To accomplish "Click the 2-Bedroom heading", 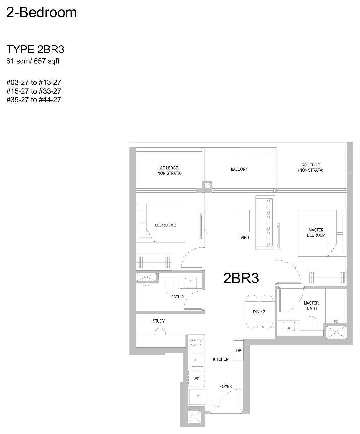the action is coord(42,12).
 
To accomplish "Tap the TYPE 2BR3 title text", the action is coord(35,50).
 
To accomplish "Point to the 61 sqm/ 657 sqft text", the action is coord(33,61).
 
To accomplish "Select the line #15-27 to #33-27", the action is coord(34,91).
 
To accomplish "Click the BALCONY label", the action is coord(239,169).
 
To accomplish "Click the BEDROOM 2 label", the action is coord(166,225).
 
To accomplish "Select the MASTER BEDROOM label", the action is coord(316,233).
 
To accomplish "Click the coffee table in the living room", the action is coord(244,221).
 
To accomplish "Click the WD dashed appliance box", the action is coord(196,379).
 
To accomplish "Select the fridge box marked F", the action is coord(198,397).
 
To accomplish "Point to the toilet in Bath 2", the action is coord(170,286).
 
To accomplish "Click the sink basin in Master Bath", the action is coord(289,326).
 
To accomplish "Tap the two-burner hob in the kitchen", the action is coord(196,343).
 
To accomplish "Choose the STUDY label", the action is coord(158,321).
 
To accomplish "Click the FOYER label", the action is coord(226,386).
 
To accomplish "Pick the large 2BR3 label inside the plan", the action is coord(241,278).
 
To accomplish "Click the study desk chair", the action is coord(160,331).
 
